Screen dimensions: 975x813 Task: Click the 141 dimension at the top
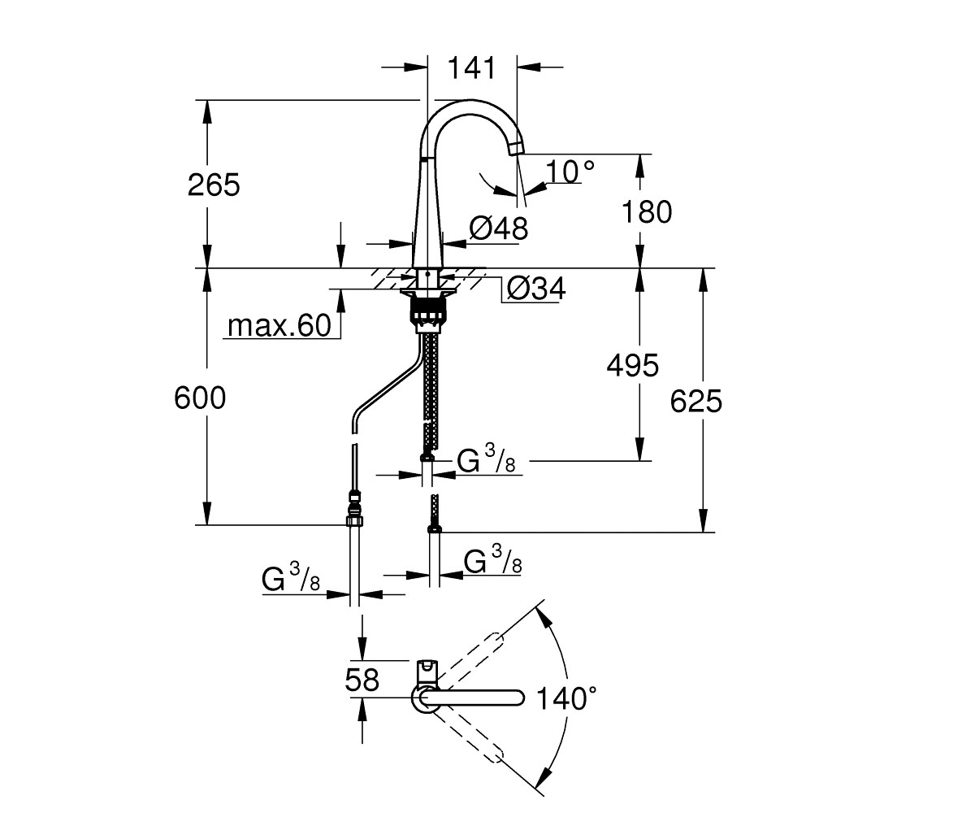tap(471, 67)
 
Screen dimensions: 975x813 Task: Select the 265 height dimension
tap(214, 185)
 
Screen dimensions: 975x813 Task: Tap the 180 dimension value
tap(647, 211)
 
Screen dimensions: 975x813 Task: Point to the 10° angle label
tap(570, 172)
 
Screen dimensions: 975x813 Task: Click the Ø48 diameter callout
tap(499, 229)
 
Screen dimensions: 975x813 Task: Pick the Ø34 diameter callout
tap(536, 289)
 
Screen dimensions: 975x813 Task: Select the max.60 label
tap(279, 325)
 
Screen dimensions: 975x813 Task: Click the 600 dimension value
tap(200, 398)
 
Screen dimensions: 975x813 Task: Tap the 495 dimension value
tap(633, 365)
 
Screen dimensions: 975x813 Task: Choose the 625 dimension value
tap(695, 401)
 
